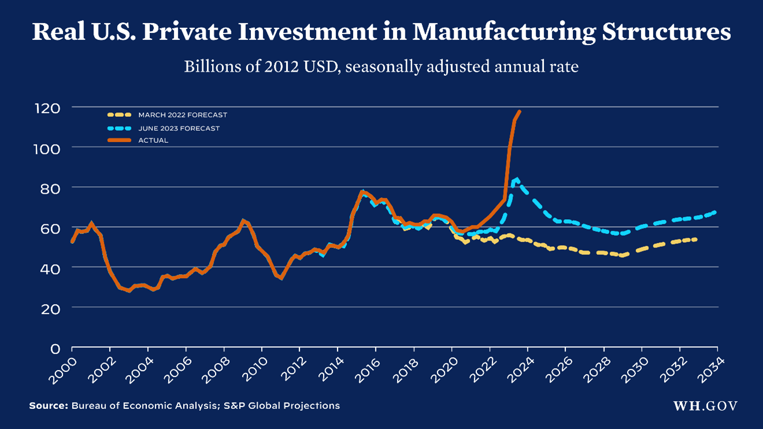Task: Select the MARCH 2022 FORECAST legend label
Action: pos(183,115)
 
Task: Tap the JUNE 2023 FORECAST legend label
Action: pos(179,128)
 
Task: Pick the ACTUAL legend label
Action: pos(153,140)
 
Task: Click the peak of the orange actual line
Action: pos(520,111)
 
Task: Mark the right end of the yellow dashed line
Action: pos(695,239)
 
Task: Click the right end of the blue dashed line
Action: pos(716,212)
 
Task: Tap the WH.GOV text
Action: pos(705,406)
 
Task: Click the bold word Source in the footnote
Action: pos(49,406)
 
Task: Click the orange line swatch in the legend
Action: pos(120,140)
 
